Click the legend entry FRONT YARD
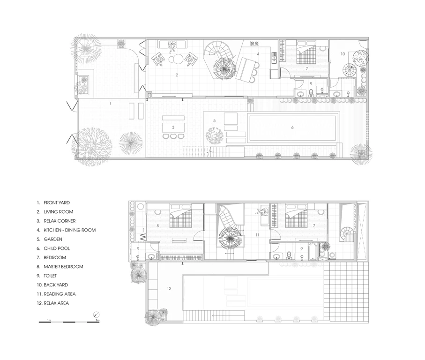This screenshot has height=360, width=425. (57, 203)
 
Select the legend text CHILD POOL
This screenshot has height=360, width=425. (57, 248)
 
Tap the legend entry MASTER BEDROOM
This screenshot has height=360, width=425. (63, 267)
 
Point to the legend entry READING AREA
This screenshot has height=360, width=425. (60, 294)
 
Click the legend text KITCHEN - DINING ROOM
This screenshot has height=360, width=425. (70, 230)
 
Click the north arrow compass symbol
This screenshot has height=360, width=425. (96, 315)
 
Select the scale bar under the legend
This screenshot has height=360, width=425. (69, 322)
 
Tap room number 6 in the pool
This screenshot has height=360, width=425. (292, 127)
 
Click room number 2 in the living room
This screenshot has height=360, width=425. (177, 75)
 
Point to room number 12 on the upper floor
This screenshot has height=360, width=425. (169, 288)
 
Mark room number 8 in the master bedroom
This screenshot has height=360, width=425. (157, 225)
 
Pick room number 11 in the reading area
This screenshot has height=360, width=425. (257, 235)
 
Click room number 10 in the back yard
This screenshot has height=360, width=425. (343, 54)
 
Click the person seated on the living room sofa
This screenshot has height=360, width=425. (172, 46)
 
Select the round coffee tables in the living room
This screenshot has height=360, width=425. (176, 59)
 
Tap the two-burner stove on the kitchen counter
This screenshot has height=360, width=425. (254, 43)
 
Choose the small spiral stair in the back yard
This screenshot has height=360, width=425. (350, 70)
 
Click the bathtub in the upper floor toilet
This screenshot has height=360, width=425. (312, 251)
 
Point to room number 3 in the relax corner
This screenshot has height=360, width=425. (173, 127)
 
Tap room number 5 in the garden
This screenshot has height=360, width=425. (215, 120)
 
